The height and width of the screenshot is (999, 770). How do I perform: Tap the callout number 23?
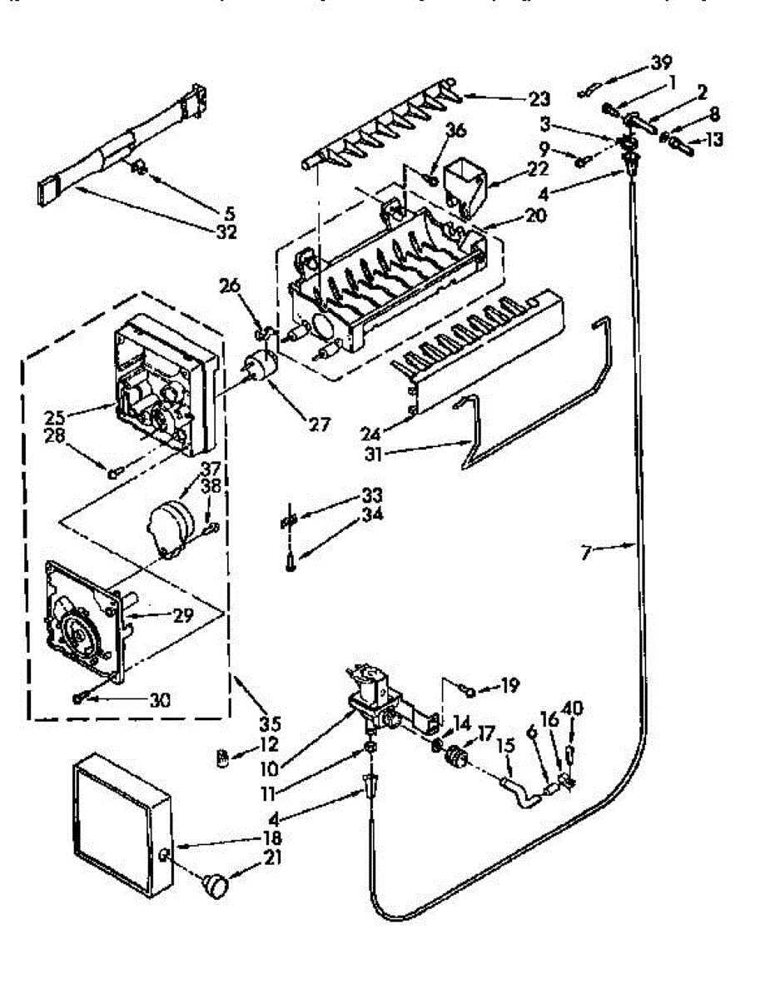539,99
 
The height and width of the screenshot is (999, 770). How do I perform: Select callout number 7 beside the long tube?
588,551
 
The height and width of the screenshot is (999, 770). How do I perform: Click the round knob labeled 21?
216,886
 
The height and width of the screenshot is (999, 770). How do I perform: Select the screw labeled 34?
288,564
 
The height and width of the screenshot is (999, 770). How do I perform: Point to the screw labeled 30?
79,698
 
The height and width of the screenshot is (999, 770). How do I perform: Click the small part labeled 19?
470,691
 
